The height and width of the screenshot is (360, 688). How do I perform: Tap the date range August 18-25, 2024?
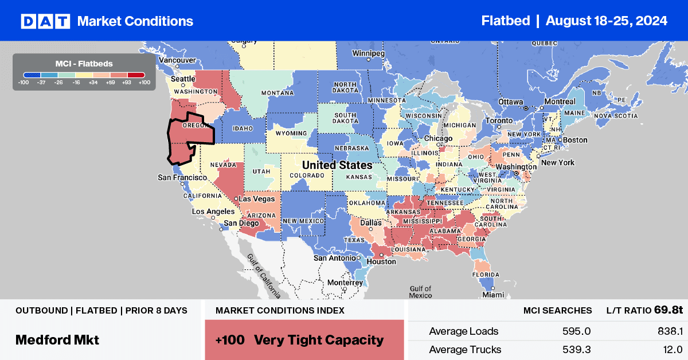[x=606, y=21]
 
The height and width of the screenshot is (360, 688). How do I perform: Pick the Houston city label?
[x=381, y=261]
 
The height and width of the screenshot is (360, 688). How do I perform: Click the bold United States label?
[x=337, y=165]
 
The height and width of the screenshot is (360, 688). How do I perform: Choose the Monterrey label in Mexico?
[x=345, y=283]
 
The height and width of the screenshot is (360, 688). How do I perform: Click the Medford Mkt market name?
[x=57, y=339]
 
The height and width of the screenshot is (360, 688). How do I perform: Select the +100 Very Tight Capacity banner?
[x=304, y=340]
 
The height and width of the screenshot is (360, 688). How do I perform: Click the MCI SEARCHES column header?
[x=557, y=310]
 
